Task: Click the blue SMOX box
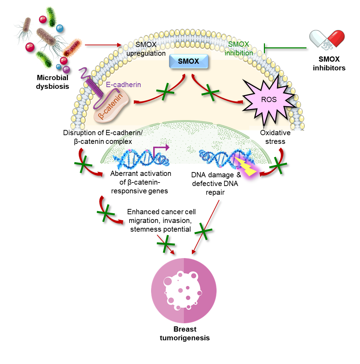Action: [188, 61]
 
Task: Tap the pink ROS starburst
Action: [269, 100]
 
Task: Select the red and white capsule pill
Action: [327, 39]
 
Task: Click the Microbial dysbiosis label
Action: [53, 82]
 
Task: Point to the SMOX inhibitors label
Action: [329, 63]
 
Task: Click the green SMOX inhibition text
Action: [238, 48]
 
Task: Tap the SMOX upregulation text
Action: [146, 49]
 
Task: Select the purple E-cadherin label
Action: [123, 85]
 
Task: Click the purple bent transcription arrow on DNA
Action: [161, 150]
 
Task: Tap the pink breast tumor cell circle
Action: [184, 291]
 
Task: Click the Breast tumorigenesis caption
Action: [185, 333]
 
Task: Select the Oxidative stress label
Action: [275, 137]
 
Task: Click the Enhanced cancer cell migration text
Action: [161, 220]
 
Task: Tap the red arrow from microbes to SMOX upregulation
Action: [103, 45]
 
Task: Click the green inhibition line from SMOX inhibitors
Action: [285, 48]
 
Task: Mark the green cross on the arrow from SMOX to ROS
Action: [210, 93]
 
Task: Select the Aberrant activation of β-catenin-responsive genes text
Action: [140, 182]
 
